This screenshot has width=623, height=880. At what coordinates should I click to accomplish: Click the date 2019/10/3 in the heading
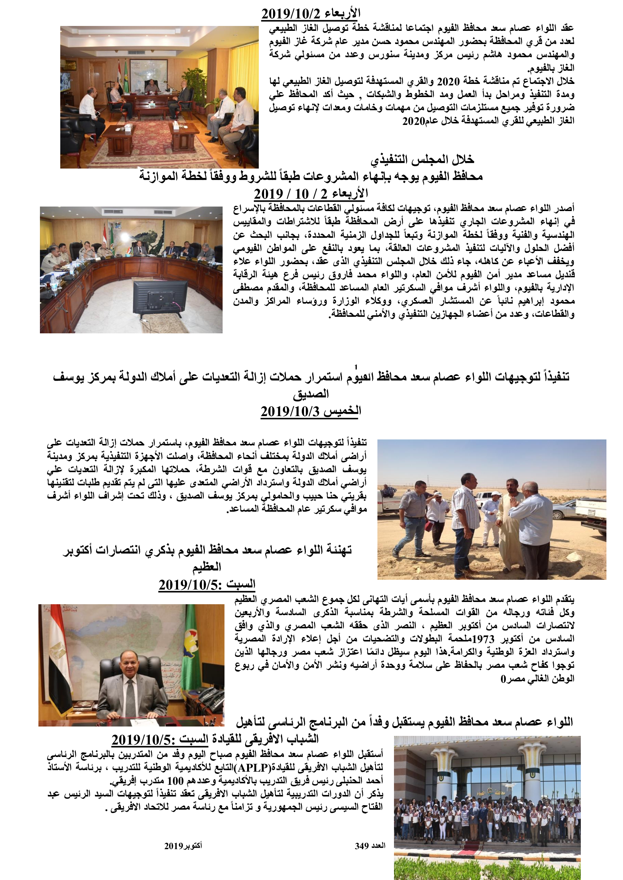coord(290,412)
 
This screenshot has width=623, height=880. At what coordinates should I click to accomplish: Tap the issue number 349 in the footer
coord(362,846)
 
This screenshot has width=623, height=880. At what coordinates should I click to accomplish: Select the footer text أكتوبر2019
coord(183,846)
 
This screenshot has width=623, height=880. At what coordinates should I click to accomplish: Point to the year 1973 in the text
coord(483,638)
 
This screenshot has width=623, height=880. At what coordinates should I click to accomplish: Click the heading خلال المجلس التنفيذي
coord(422,159)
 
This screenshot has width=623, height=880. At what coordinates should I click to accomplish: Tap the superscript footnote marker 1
coord(356,367)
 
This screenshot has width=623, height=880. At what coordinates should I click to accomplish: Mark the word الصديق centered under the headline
coord(311,394)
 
